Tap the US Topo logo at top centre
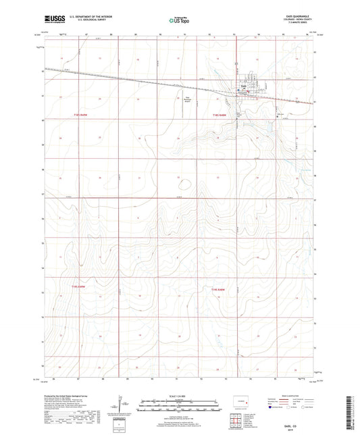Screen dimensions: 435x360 (x=180, y=21)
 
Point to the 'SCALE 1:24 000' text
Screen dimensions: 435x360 (x=180, y=395)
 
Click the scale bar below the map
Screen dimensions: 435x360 (x=180, y=407)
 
